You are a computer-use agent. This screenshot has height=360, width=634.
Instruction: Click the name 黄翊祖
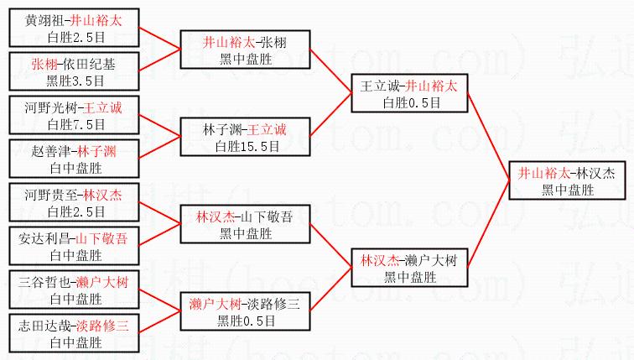(43, 20)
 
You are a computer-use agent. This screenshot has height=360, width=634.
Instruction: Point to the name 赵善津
(49, 152)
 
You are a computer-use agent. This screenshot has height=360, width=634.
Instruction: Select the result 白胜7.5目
(76, 124)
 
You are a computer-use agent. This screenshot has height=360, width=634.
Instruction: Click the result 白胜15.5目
(246, 146)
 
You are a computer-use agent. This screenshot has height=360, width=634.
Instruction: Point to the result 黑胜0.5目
(246, 319)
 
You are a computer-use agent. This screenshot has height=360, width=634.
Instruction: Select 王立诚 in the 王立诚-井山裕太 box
(378, 86)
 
